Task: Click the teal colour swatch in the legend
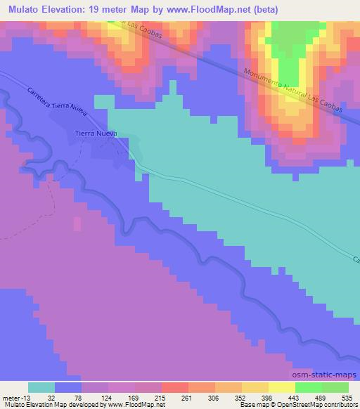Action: (41, 387)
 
